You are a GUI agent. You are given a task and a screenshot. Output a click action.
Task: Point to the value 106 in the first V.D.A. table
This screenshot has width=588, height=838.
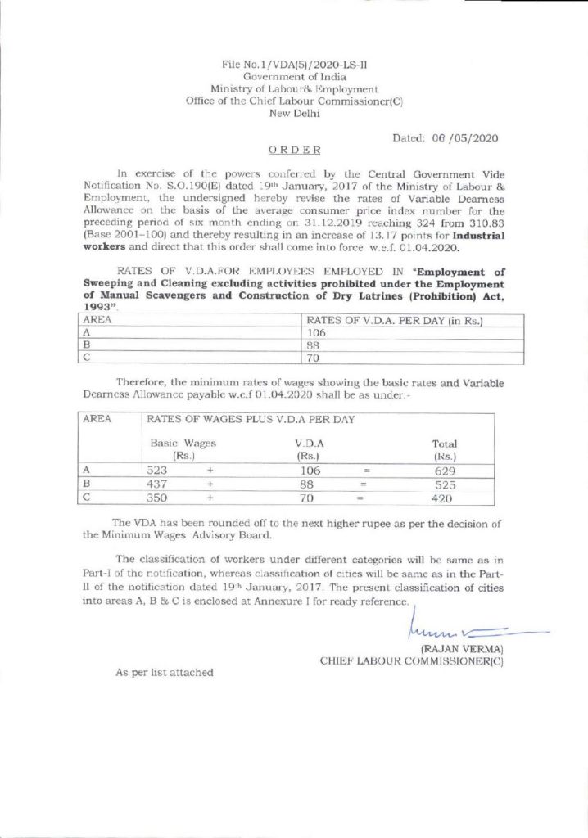pos(316,334)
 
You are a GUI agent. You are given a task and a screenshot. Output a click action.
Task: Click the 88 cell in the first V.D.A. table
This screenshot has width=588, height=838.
pos(314,346)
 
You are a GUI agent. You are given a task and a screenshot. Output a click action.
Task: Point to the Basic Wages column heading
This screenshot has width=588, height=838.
pos(182,448)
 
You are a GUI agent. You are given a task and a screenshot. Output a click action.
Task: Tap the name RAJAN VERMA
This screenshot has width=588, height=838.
pos(460,649)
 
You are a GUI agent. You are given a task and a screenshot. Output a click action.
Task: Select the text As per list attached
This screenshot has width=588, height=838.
pos(164,672)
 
